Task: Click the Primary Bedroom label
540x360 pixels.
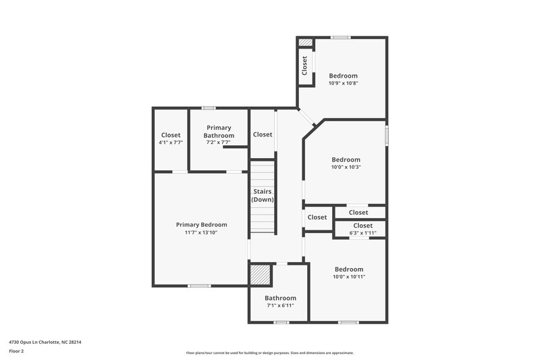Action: tap(201, 225)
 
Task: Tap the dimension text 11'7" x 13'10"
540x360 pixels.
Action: tap(201, 233)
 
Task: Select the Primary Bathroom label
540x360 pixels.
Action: tap(219, 132)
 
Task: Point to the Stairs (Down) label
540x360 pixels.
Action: tap(262, 196)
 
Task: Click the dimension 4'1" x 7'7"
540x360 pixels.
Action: tap(171, 143)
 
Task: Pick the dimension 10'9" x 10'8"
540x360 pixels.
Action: tap(343, 84)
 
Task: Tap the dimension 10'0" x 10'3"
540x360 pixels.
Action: tap(346, 168)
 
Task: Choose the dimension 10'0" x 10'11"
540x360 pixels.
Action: tap(348, 277)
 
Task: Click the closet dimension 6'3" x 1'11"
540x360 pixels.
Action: tap(362, 233)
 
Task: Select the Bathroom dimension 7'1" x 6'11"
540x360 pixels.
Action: tap(280, 306)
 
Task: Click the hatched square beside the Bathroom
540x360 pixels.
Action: tap(260, 275)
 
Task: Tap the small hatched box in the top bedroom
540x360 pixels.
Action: tap(306, 43)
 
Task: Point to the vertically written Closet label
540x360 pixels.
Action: tap(305, 65)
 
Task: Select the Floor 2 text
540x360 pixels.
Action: tap(17, 352)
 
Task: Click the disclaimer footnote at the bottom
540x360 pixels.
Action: tap(270, 353)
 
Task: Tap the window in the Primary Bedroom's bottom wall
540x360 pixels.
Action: tap(198, 286)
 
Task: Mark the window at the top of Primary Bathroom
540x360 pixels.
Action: tap(209, 108)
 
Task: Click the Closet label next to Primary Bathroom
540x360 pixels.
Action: tap(263, 134)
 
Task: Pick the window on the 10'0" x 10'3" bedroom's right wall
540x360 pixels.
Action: tap(387, 134)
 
